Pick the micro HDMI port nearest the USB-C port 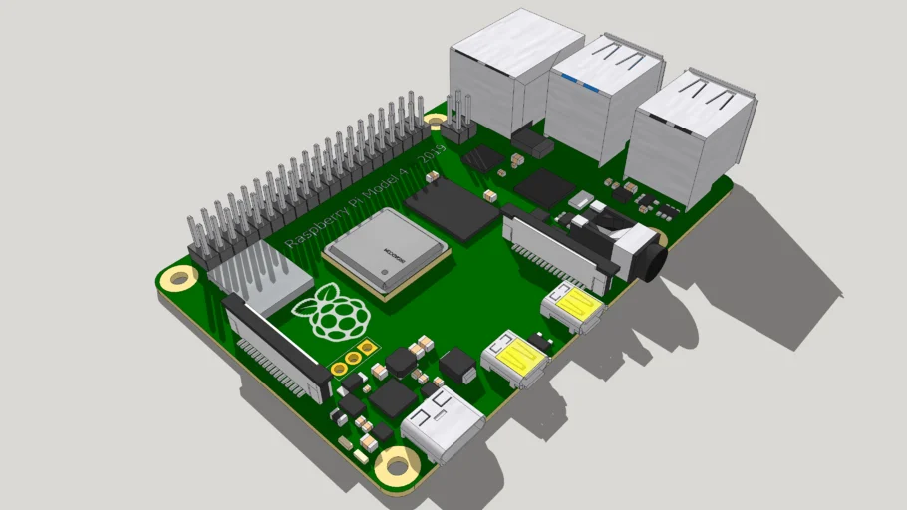(x=515, y=359)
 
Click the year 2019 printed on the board (x=432, y=154)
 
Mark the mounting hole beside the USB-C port (x=400, y=464)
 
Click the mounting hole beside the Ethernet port (x=436, y=122)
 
